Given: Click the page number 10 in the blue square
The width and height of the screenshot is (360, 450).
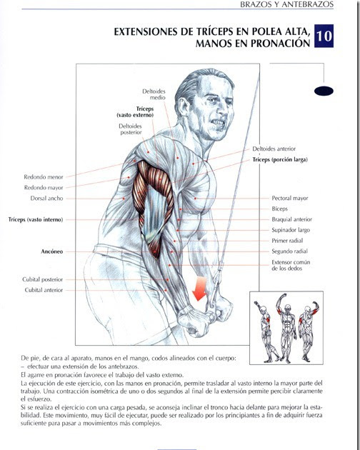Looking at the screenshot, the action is [x=324, y=36].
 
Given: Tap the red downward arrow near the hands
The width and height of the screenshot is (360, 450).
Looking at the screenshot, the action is [x=199, y=289].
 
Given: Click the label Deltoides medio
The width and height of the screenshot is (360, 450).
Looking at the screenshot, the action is [x=154, y=94].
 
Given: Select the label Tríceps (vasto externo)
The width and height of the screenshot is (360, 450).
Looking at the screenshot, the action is [x=135, y=112].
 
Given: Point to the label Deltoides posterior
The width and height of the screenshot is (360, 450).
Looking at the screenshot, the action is [x=130, y=129].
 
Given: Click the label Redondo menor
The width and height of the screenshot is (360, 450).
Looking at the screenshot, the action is [x=44, y=177].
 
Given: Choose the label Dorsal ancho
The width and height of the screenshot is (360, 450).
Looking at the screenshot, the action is [x=46, y=199].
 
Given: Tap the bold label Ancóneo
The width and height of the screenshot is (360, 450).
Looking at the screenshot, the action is [x=51, y=251].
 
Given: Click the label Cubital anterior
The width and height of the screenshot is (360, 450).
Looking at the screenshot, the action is [x=44, y=290].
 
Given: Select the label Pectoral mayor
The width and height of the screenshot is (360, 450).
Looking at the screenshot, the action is [x=290, y=198].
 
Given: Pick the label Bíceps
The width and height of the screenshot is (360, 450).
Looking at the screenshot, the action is [x=279, y=209].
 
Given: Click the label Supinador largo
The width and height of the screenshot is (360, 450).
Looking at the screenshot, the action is [x=291, y=230].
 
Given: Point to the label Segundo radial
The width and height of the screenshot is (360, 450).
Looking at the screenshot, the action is [x=290, y=251].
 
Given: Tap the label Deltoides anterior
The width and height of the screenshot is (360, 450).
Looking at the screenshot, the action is [x=274, y=149].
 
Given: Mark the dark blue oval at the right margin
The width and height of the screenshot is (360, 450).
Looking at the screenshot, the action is [x=324, y=91].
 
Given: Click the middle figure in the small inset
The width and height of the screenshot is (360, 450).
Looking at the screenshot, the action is [x=287, y=328].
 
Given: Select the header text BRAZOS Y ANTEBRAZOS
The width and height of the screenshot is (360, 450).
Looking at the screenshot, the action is [x=287, y=4].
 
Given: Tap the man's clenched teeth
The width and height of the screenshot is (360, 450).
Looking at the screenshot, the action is [x=218, y=123].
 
